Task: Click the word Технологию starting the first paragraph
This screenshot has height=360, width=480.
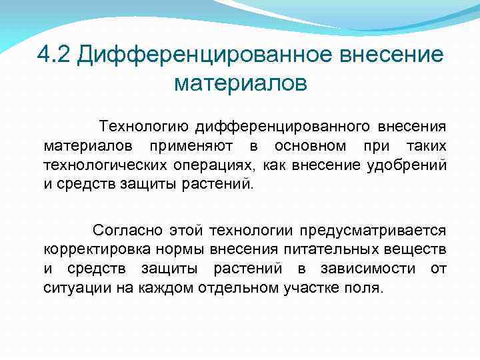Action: (x=137, y=126)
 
